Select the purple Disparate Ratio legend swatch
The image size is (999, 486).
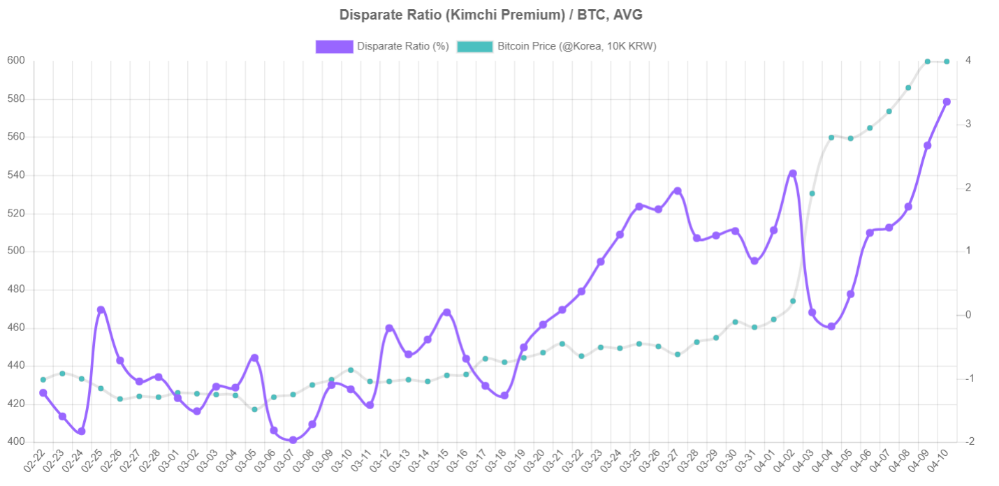tap(334, 47)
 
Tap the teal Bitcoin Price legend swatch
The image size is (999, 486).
tap(474, 47)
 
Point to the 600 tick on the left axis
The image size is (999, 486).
tap(16, 61)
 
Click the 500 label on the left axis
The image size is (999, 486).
tap(16, 251)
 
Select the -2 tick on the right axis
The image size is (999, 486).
tap(970, 442)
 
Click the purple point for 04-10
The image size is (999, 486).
tap(947, 102)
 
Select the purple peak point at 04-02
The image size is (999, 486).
tap(793, 173)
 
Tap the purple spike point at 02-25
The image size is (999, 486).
tap(101, 309)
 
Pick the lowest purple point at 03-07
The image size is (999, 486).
tap(293, 440)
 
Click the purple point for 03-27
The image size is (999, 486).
tap(678, 191)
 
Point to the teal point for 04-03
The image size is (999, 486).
tap(812, 193)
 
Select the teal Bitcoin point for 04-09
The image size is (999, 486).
tap(927, 61)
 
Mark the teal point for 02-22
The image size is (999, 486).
tap(43, 380)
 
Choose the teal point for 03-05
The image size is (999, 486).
tap(254, 409)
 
